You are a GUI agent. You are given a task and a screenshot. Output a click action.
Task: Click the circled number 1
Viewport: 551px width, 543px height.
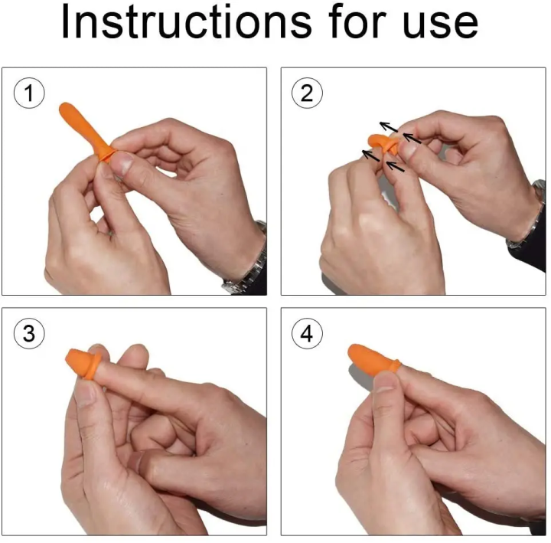(29, 93)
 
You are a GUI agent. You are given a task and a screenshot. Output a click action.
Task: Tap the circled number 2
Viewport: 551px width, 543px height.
(307, 93)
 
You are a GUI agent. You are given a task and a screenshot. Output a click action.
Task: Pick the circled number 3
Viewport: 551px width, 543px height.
(29, 333)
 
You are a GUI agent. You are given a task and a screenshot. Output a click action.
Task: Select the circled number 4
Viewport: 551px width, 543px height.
(307, 333)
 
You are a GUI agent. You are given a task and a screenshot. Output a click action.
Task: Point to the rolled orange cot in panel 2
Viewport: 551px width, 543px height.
(383, 144)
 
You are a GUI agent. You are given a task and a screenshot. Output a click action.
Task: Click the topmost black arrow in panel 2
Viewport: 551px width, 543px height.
(388, 126)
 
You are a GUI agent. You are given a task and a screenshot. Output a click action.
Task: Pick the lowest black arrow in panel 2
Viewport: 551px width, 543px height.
(395, 166)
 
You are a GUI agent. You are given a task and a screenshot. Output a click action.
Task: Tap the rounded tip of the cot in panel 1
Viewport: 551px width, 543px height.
(65, 108)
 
